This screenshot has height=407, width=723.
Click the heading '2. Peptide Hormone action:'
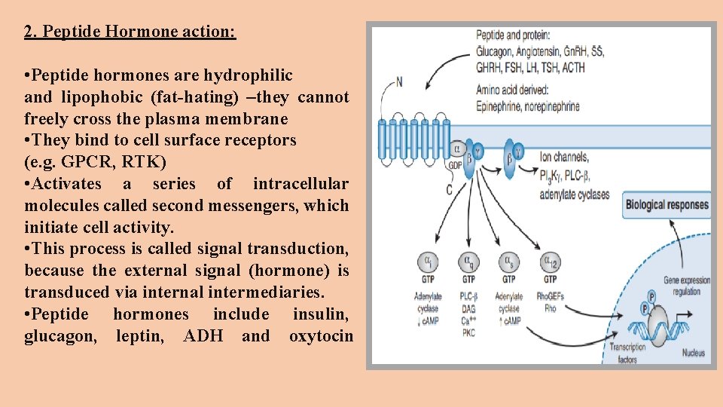130,32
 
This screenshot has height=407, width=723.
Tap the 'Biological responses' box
667,205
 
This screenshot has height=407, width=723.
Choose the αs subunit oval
509,263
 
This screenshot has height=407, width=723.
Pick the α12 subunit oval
551,263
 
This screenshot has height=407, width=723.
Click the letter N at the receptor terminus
398,81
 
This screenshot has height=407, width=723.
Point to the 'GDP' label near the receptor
455,165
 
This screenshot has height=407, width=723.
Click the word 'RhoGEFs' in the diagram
551,297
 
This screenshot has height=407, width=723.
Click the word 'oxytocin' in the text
321,336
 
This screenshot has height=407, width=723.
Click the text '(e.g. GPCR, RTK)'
95,162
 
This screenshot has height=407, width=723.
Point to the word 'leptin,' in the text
140,336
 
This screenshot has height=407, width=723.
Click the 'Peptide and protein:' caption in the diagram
513,35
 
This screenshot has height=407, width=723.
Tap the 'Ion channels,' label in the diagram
565,158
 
